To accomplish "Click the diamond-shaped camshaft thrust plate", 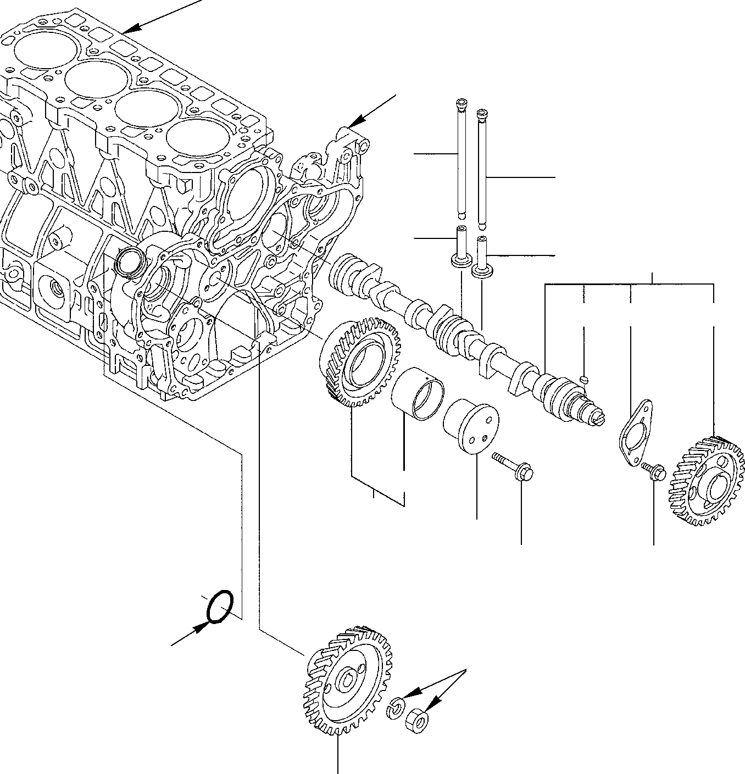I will point(636,427).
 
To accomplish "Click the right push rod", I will point(482,168).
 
